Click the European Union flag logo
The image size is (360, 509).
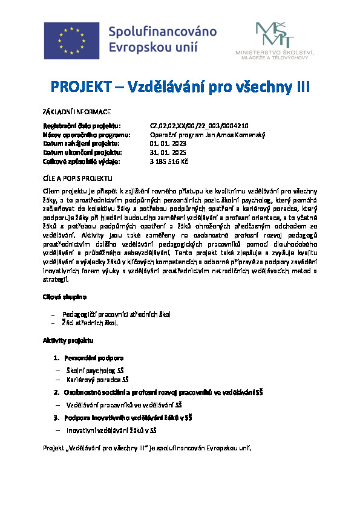point(70,39)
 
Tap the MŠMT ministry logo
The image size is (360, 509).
point(272,41)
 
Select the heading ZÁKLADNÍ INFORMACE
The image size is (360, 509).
point(76,112)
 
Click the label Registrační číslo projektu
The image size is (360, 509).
point(77,126)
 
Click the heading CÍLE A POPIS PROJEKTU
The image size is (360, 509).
point(77,179)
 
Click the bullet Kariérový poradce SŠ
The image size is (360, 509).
point(98,380)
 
